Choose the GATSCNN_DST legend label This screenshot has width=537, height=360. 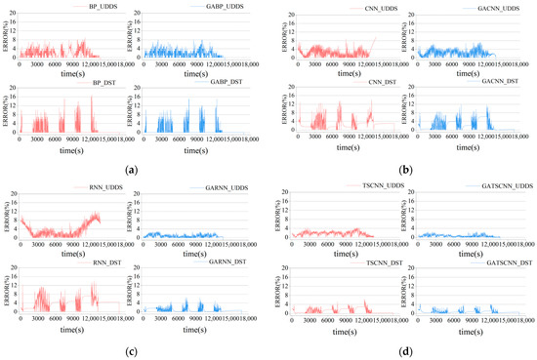pos(478,262)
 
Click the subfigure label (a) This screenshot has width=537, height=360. pos(131,169)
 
